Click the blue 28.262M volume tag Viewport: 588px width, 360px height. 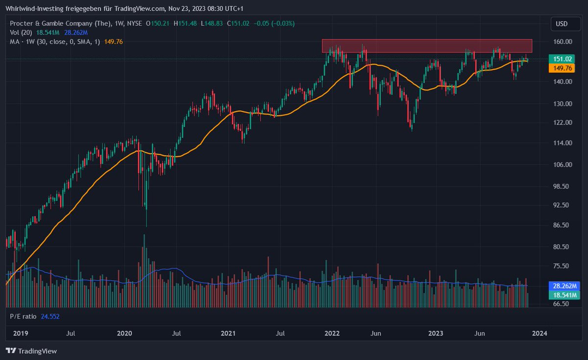pyautogui.click(x=564, y=286)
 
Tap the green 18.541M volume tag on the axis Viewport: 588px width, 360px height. pyautogui.click(x=564, y=295)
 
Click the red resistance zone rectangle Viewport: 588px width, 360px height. pyautogui.click(x=426, y=46)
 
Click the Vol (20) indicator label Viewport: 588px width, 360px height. pyautogui.click(x=21, y=32)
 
